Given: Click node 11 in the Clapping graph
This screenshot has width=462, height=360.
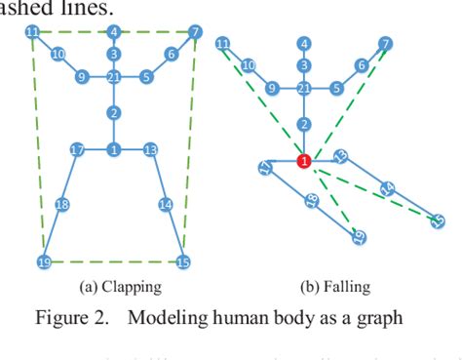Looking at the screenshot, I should tap(32, 32).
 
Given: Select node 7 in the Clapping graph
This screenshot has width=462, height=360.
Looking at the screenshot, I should tap(195, 32).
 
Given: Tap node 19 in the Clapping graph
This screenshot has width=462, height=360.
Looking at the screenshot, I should tap(44, 262).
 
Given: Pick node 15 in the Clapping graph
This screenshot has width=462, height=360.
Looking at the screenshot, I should tap(182, 262).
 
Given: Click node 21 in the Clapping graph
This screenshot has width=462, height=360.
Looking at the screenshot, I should tap(114, 77).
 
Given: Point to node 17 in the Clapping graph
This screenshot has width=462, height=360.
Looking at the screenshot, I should tap(78, 149).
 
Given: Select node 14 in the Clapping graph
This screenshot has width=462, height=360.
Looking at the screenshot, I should tap(165, 204).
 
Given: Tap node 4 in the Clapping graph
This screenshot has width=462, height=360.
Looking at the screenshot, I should tap(114, 32).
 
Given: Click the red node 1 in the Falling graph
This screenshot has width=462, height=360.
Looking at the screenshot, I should tap(304, 161).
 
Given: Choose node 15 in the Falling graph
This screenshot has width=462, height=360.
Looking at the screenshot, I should tap(438, 221).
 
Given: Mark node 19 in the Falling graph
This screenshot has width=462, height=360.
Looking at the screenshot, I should tap(358, 236).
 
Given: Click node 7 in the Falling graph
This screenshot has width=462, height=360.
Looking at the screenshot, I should tap(386, 44).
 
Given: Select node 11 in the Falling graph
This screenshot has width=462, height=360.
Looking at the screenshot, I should tap(223, 44).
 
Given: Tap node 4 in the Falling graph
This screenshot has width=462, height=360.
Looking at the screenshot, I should tap(305, 44).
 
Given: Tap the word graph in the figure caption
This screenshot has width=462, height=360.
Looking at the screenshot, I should tap(375, 318).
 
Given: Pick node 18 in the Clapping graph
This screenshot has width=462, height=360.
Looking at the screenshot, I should tap(61, 205).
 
